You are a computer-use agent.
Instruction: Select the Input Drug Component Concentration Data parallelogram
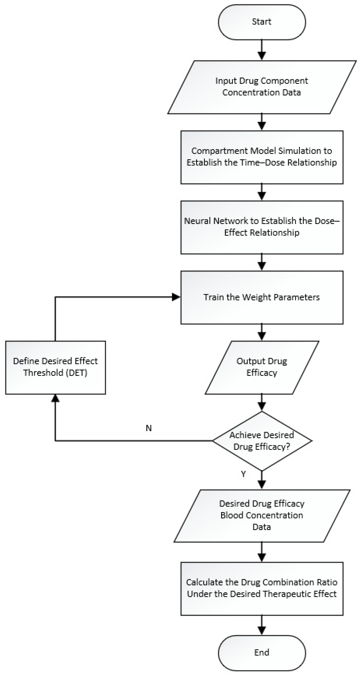pyautogui.click(x=262, y=87)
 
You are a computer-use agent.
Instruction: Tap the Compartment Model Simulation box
pyautogui.click(x=262, y=157)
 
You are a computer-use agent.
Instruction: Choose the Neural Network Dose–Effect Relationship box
pyautogui.click(x=262, y=227)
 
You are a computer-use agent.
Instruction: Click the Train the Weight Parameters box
pyautogui.click(x=262, y=297)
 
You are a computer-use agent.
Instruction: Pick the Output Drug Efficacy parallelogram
pyautogui.click(x=262, y=367)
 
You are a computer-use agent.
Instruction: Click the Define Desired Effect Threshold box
pyautogui.click(x=55, y=367)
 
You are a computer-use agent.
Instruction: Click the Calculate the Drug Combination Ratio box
pyautogui.click(x=262, y=588)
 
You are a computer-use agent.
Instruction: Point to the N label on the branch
pyautogui.click(x=148, y=428)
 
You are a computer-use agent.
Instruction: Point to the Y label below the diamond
pyautogui.click(x=243, y=474)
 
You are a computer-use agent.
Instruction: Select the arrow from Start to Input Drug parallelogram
pyautogui.click(x=262, y=50)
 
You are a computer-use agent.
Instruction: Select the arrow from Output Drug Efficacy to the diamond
pyautogui.click(x=262, y=402)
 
